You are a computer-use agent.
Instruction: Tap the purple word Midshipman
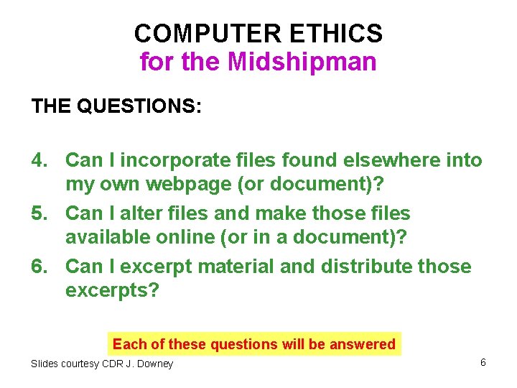302,62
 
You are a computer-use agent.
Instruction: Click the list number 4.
39,160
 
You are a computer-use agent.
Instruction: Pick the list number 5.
39,213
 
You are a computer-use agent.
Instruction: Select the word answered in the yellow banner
362,344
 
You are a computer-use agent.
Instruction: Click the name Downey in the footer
154,364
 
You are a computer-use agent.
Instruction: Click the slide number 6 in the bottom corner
483,362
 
